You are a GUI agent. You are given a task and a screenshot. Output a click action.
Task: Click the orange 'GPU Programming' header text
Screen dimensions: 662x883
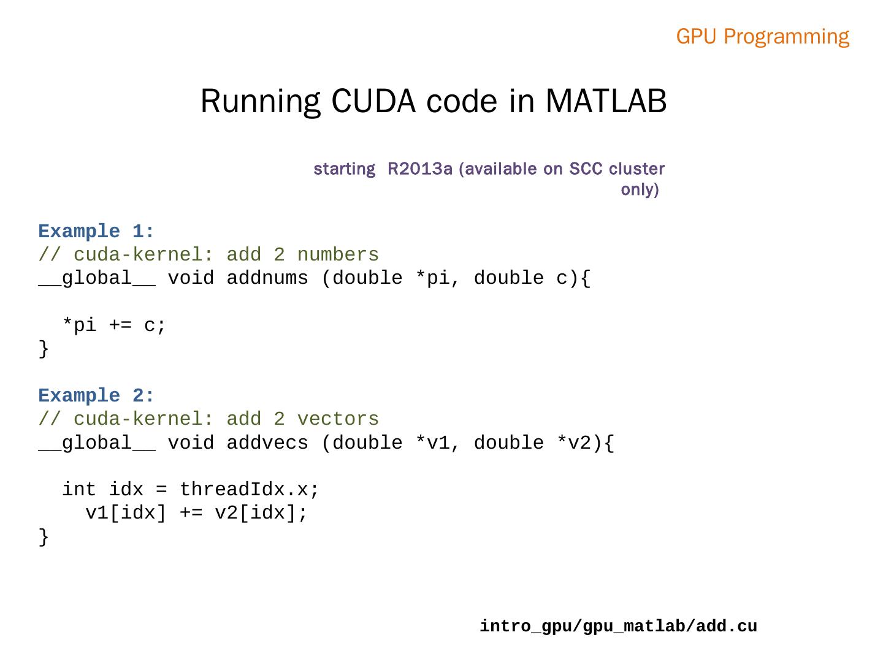coord(762,37)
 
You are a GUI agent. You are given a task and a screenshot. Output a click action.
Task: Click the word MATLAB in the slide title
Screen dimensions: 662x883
coord(605,101)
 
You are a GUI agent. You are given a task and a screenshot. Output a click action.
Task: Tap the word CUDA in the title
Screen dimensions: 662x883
coord(373,101)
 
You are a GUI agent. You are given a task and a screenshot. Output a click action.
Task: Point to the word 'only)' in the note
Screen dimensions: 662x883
coord(640,189)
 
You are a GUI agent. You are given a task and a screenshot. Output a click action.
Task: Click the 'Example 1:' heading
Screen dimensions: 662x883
coord(96,232)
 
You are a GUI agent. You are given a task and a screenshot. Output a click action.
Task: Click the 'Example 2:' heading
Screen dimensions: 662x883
coord(96,396)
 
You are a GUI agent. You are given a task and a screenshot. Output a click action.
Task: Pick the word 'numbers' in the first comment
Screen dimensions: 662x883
coord(338,255)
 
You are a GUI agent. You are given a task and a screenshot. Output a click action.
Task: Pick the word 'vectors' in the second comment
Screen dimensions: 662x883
coord(338,419)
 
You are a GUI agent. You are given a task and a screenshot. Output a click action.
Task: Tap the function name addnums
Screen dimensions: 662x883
coord(267,278)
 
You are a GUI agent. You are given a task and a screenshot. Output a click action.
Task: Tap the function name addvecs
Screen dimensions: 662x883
coord(267,443)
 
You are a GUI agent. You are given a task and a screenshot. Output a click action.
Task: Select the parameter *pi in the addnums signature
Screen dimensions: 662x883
coord(438,278)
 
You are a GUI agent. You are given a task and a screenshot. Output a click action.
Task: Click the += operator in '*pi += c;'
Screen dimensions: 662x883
coord(120,325)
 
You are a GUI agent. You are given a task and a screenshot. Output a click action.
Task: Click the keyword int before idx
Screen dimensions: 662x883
coord(79,490)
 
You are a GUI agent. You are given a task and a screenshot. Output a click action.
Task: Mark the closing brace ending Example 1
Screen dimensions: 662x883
coord(44,349)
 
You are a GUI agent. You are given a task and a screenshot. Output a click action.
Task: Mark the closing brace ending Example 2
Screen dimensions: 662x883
coord(44,537)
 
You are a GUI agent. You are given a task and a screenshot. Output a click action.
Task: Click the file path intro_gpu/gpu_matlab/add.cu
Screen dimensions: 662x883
coord(618,626)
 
